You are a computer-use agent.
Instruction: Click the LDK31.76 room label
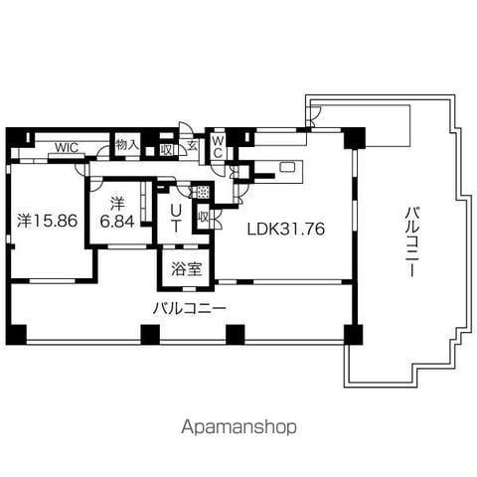pos(286,229)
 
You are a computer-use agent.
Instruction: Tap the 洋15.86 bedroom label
pos(48,221)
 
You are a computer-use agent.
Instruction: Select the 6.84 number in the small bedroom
pos(117,222)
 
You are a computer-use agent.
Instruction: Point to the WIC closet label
pos(67,147)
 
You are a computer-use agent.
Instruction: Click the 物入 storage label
pos(127,145)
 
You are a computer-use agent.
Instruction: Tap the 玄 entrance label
pos(192,146)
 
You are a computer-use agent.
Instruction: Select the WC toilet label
pos(217,147)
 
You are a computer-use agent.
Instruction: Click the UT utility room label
pos(176,218)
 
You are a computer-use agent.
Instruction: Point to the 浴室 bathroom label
pos(187,269)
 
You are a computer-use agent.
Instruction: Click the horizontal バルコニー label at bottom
pos(190,309)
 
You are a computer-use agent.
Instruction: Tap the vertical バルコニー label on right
pos(412,240)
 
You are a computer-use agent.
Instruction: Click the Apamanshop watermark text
pos(238,427)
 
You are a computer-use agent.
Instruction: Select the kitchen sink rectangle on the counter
pos(286,166)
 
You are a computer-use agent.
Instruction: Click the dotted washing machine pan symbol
pos(202,191)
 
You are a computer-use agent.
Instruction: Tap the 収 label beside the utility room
pos(203,218)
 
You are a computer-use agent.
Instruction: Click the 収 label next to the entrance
pos(167,150)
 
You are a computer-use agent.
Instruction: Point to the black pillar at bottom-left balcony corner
pos(16,335)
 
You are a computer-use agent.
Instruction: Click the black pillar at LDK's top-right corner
pos(355,138)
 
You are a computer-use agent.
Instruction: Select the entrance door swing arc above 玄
pos(184,127)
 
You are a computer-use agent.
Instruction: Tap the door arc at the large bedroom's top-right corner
pos(79,169)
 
